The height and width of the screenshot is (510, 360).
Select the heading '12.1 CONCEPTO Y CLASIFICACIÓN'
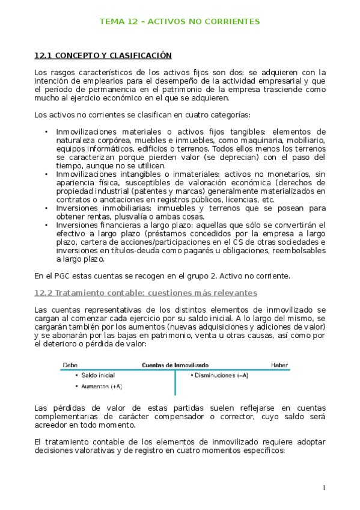103,56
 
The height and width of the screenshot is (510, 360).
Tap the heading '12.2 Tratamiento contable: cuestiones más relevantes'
146,293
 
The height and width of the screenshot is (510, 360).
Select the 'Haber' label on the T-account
279,364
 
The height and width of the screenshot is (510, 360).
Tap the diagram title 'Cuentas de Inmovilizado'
175,364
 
